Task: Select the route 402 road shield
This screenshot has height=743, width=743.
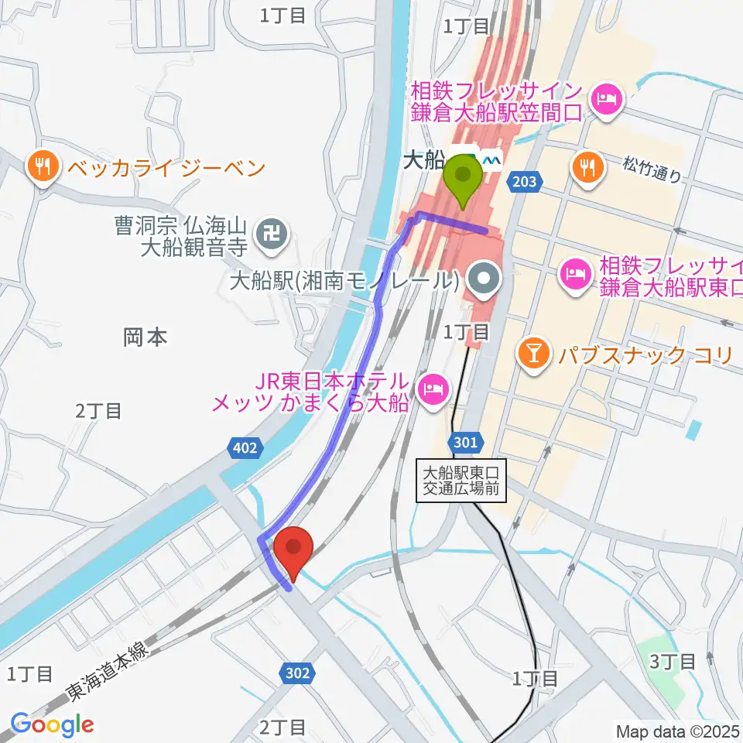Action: click(x=247, y=447)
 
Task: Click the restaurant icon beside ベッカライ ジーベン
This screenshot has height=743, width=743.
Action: click(x=40, y=166)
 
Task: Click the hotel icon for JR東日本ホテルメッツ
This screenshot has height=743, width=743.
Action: click(x=431, y=387)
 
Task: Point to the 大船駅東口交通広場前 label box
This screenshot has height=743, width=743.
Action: click(x=461, y=480)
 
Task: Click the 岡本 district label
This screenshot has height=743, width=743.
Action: click(x=146, y=337)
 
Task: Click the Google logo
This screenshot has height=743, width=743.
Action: click(x=52, y=724)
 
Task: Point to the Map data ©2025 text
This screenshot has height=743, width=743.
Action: click(x=677, y=731)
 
